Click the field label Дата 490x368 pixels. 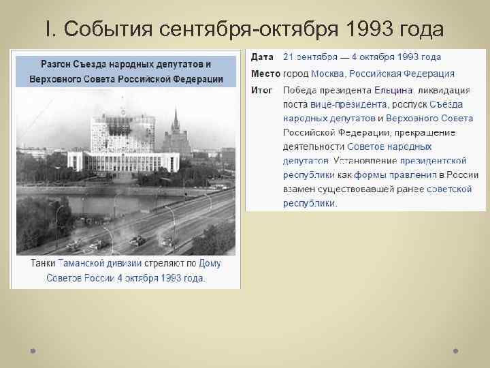[x=262, y=57]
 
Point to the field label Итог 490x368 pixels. [x=262, y=90]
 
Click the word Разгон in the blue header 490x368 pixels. [x=58, y=64]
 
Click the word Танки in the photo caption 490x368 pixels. [x=43, y=263]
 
